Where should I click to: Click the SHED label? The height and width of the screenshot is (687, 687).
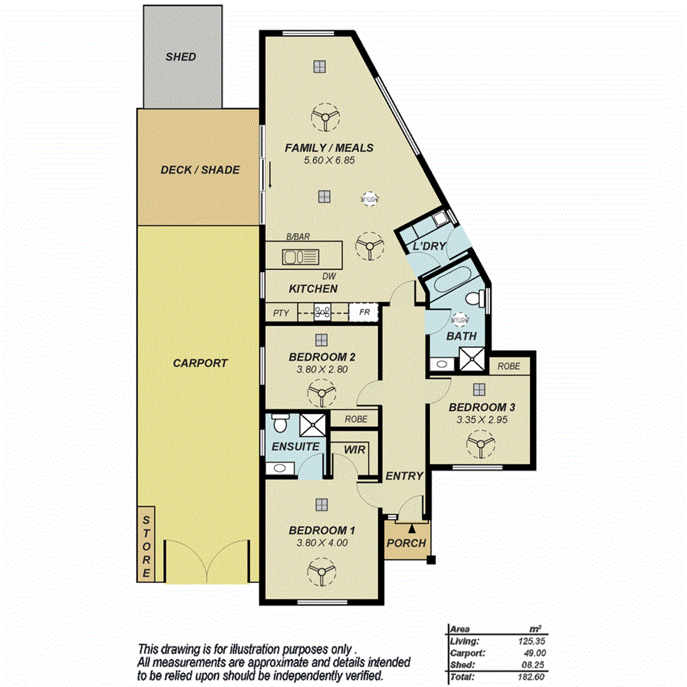pyautogui.click(x=181, y=57)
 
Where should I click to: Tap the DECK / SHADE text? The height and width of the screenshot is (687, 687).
pyautogui.click(x=200, y=170)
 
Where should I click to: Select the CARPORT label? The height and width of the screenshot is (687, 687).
pyautogui.click(x=200, y=363)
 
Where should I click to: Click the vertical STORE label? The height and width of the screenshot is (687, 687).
pyautogui.click(x=146, y=545)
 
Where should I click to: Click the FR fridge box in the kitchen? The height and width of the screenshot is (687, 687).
pyautogui.click(x=364, y=313)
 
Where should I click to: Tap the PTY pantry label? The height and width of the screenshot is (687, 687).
pyautogui.click(x=281, y=313)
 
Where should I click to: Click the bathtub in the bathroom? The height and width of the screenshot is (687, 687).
pyautogui.click(x=450, y=286)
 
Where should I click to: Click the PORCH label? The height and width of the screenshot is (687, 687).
pyautogui.click(x=406, y=543)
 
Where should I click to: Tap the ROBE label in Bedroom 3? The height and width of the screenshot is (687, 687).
pyautogui.click(x=509, y=366)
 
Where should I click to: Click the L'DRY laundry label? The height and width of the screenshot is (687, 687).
pyautogui.click(x=429, y=246)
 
